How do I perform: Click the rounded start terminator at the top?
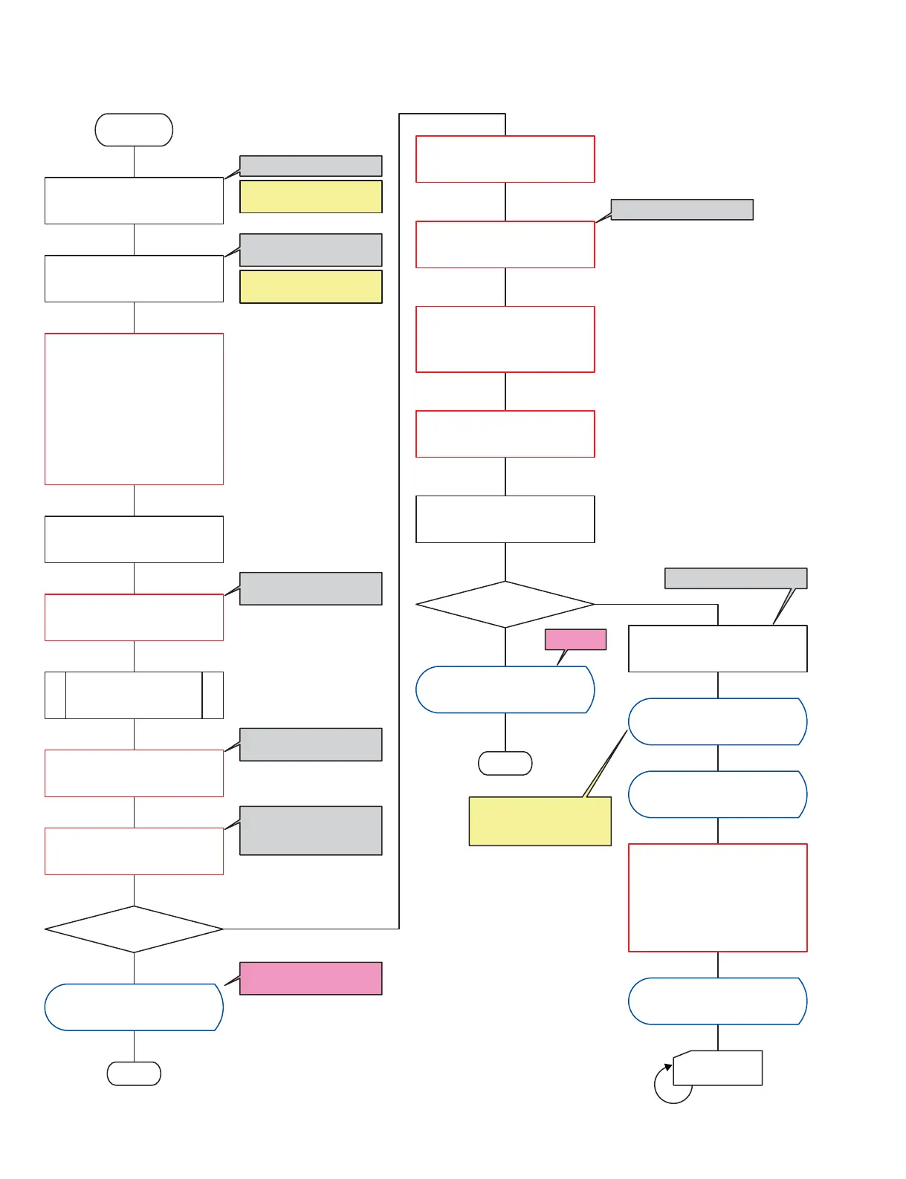[x=134, y=130]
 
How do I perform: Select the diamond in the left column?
[x=134, y=929]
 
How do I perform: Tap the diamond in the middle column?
[x=505, y=604]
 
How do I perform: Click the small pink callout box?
[x=575, y=640]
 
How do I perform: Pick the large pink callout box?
[x=311, y=978]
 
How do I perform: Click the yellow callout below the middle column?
[x=540, y=821]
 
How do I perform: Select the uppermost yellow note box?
[x=311, y=197]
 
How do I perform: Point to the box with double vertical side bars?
[x=134, y=695]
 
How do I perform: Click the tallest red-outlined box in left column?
[x=134, y=409]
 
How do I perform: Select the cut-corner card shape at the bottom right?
[x=718, y=1068]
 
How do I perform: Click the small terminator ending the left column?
[x=134, y=1074]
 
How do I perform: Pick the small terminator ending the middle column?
[x=505, y=763]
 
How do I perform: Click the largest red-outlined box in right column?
[x=717, y=897]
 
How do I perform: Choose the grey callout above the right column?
[x=735, y=578]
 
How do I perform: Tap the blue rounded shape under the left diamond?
[x=134, y=1007]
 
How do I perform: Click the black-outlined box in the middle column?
[x=505, y=519]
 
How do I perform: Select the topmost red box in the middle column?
[x=505, y=159]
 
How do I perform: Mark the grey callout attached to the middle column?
[x=682, y=210]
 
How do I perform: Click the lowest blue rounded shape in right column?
[x=717, y=1001]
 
